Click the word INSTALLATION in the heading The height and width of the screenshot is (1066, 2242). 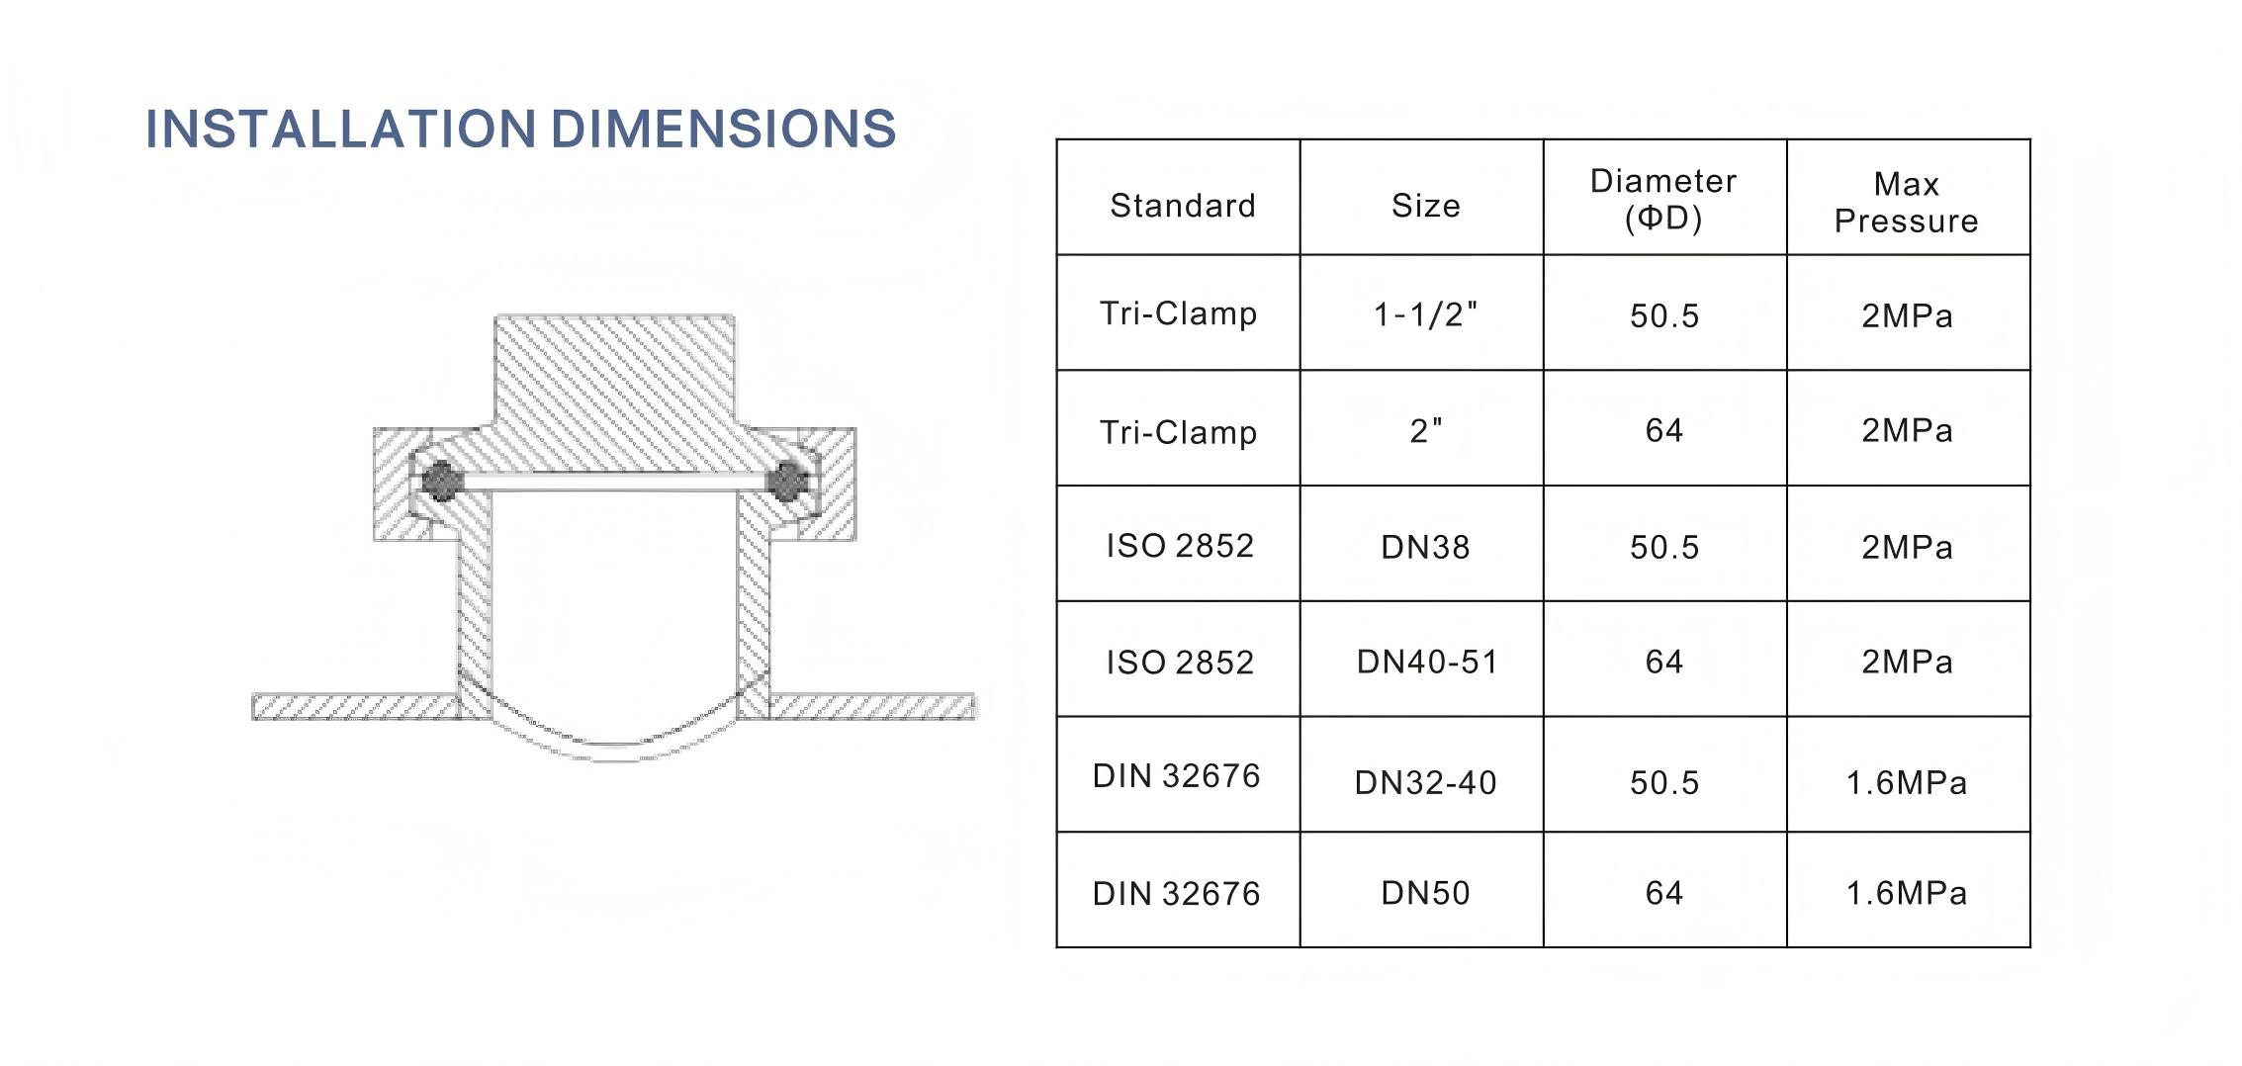[340, 130]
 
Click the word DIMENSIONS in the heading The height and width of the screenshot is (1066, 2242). [723, 130]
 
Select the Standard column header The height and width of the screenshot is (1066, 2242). [1183, 206]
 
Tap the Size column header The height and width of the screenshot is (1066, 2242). [1425, 206]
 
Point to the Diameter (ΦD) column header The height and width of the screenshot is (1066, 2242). [1663, 199]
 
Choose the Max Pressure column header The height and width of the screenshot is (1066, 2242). [1907, 202]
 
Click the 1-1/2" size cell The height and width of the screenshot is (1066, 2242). [1425, 314]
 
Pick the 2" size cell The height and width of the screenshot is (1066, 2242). [1425, 430]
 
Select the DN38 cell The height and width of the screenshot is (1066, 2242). [1425, 547]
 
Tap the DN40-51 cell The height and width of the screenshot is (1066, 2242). [1427, 662]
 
